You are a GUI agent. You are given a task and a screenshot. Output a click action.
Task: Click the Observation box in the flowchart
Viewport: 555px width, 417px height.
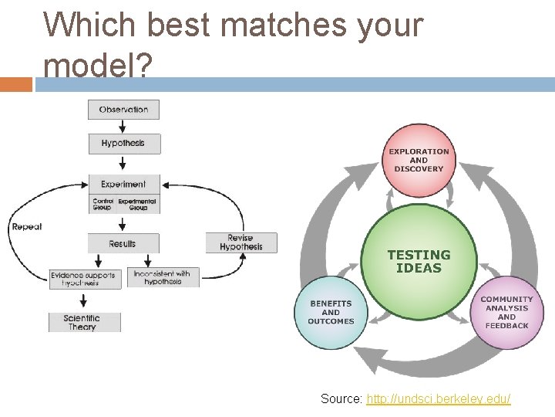[x=123, y=110]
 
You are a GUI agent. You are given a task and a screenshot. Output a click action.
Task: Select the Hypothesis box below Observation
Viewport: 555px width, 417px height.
[x=123, y=144]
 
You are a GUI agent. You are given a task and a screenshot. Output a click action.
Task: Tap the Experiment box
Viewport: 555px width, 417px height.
[x=123, y=185]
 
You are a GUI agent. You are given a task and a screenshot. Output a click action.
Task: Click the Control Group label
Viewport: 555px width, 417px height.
[x=103, y=205]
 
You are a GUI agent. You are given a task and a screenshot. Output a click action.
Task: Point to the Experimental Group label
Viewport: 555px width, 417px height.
[x=137, y=205]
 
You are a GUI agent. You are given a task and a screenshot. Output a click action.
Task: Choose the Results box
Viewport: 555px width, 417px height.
[x=123, y=244]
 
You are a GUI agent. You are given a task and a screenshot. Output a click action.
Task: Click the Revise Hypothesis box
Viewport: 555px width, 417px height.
[x=240, y=242]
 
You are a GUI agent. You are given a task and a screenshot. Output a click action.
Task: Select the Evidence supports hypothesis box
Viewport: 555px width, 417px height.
[x=85, y=278]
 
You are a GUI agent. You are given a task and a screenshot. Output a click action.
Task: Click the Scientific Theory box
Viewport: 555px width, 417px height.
[x=82, y=322]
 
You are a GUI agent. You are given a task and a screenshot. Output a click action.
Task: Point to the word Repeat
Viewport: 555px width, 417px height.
[x=26, y=227]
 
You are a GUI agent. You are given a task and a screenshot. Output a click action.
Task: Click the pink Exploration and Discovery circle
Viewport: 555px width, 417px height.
[x=419, y=161]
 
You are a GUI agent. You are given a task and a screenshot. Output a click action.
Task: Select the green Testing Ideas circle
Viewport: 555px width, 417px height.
[x=419, y=261]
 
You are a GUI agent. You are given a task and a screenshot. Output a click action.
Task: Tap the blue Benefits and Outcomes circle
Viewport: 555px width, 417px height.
[x=331, y=312]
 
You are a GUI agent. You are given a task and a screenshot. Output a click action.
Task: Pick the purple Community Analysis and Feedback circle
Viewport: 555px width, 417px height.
[x=506, y=312]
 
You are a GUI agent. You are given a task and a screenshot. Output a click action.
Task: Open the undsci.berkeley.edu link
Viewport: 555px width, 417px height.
[x=438, y=399]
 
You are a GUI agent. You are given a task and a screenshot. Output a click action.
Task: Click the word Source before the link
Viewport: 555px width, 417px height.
[x=341, y=399]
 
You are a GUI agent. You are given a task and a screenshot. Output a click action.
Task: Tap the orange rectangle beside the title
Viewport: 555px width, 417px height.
[x=16, y=84]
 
